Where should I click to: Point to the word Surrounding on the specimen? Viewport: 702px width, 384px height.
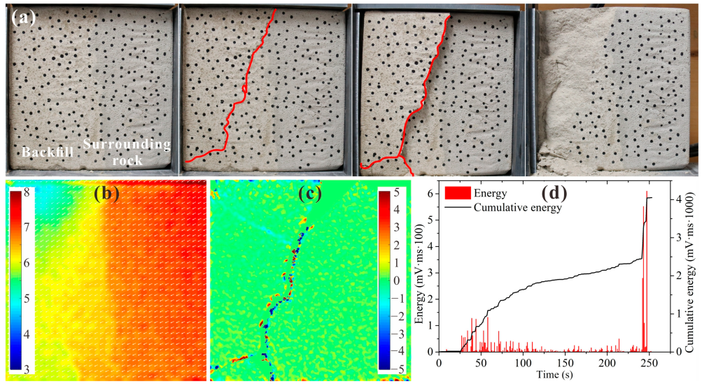pos(127,145)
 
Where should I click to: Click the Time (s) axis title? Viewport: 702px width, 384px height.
pos(548,375)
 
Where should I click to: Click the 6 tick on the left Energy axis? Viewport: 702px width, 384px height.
pos(430,189)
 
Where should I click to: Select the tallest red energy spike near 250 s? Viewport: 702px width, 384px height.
pos(647,193)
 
